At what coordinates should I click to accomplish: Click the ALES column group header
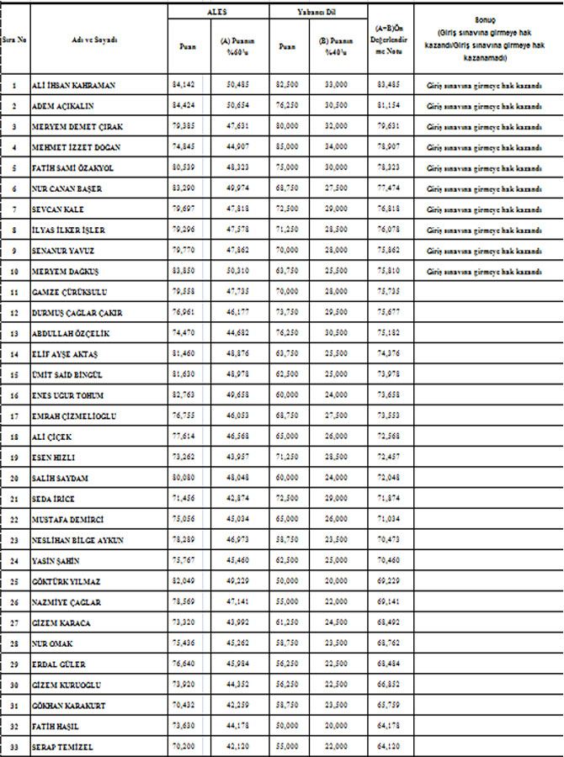pyautogui.click(x=217, y=12)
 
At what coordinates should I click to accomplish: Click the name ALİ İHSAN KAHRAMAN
pyautogui.click(x=72, y=86)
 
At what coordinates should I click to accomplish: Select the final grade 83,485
pyautogui.click(x=389, y=86)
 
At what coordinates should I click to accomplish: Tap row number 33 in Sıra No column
pyautogui.click(x=14, y=746)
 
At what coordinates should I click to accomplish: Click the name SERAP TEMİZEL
pyautogui.click(x=63, y=746)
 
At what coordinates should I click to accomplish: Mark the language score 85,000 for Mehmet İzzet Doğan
pyautogui.click(x=287, y=148)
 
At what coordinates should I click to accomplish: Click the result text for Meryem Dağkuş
pyautogui.click(x=483, y=272)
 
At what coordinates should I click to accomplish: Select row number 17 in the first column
pyautogui.click(x=14, y=416)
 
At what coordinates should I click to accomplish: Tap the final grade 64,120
pyautogui.click(x=389, y=746)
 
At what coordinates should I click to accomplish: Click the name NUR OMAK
pyautogui.click(x=52, y=643)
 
